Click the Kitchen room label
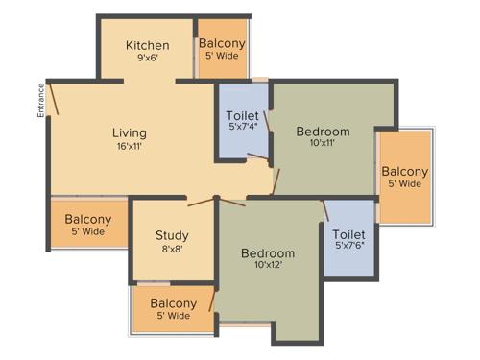tap(148, 45)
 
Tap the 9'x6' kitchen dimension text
tap(148, 58)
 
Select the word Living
tap(130, 132)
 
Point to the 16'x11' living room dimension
tap(130, 146)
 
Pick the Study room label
tap(172, 235)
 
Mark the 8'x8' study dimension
tap(172, 249)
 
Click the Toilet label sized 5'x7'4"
tap(242, 117)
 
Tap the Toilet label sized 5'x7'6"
tap(348, 234)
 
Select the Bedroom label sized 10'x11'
tap(323, 132)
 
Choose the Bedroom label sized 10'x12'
tap(267, 253)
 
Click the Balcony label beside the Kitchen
tap(222, 43)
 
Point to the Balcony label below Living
tap(87, 219)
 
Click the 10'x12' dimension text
tap(267, 266)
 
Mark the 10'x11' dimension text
tap(323, 145)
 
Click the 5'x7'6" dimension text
tap(348, 247)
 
